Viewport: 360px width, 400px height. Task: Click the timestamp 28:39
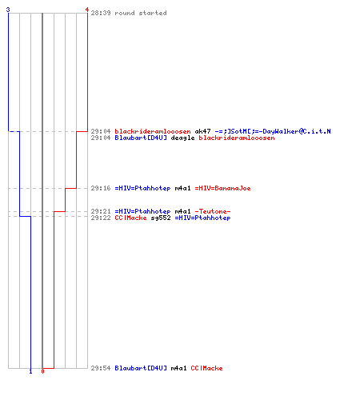pyautogui.click(x=101, y=13)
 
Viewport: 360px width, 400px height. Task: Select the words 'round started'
pyautogui.click(x=141, y=13)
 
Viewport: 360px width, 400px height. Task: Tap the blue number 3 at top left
pyautogui.click(x=8, y=10)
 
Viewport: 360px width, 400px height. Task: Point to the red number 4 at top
pyautogui.click(x=87, y=10)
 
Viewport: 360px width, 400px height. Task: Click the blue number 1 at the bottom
pyautogui.click(x=30, y=371)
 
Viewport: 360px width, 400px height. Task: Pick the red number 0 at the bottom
pyautogui.click(x=42, y=371)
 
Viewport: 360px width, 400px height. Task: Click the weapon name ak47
pyautogui.click(x=202, y=131)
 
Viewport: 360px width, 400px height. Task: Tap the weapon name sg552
pyautogui.click(x=161, y=218)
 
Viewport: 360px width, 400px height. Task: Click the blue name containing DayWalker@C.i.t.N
pyautogui.click(x=273, y=131)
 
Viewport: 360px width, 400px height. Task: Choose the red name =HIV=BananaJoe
pyautogui.click(x=222, y=188)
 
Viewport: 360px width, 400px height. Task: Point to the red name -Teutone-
pyautogui.click(x=213, y=211)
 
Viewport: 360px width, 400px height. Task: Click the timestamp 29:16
pyautogui.click(x=101, y=188)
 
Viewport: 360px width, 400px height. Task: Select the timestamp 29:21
pyautogui.click(x=101, y=211)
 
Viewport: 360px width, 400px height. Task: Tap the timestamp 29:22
pyautogui.click(x=101, y=218)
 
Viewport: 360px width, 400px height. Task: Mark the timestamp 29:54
pyautogui.click(x=101, y=368)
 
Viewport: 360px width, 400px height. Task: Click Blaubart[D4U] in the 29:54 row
pyautogui.click(x=141, y=368)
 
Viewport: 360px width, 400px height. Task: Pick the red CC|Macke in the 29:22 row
pyautogui.click(x=130, y=218)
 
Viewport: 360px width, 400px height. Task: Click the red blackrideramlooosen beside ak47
pyautogui.click(x=153, y=131)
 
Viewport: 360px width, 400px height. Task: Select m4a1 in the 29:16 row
pyautogui.click(x=182, y=188)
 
